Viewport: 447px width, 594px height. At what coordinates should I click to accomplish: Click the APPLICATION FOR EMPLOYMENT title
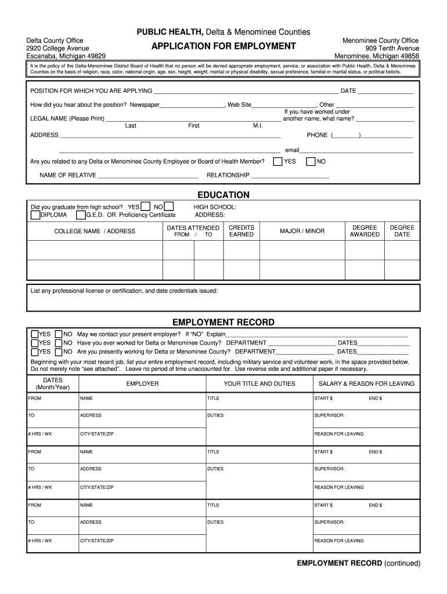point(223,46)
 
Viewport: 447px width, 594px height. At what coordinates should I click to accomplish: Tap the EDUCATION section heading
point(223,195)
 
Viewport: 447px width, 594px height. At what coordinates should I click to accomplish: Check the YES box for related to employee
point(278,161)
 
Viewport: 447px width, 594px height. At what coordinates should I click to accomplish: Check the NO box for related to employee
point(311,161)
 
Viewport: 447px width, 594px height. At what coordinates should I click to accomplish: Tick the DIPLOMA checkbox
point(35,215)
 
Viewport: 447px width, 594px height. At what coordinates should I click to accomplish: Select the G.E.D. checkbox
point(81,215)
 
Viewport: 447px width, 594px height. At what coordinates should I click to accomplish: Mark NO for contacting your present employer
point(59,334)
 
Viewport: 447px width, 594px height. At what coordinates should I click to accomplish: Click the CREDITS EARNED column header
point(241,231)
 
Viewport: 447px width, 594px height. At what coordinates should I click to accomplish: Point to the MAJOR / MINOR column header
point(302,231)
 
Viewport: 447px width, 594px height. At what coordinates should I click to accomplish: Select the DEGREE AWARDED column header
point(365,231)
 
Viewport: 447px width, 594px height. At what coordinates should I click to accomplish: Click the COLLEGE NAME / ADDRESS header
point(95,231)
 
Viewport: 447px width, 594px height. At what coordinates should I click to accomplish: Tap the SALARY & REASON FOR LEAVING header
point(366,383)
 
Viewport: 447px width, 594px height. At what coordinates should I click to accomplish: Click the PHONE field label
point(317,135)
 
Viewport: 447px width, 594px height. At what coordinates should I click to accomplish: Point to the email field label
point(292,150)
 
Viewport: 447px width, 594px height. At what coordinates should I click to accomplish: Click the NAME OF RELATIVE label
point(68,175)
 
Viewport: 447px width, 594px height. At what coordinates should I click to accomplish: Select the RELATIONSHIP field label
point(228,175)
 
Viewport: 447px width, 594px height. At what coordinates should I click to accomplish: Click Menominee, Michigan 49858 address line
point(377,56)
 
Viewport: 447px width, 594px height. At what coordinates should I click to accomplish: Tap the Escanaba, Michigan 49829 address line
point(66,56)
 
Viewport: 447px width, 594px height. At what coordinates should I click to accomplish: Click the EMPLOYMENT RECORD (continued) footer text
point(358,563)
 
